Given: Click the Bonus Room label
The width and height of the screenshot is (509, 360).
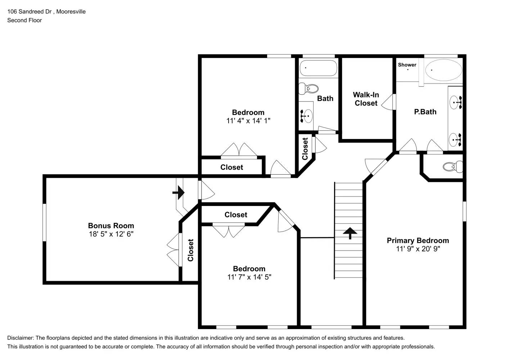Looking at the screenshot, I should [111, 226].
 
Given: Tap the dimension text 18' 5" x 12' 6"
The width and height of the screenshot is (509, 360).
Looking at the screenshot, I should [111, 234].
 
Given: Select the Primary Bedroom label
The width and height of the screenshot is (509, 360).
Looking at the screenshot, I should [418, 240].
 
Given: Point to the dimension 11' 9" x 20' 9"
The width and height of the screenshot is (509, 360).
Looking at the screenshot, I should [418, 249].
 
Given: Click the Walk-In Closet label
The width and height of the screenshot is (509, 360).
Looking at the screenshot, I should [366, 99].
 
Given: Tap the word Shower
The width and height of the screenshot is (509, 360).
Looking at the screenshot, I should [407, 65].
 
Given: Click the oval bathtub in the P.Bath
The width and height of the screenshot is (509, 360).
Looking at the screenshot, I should [443, 70].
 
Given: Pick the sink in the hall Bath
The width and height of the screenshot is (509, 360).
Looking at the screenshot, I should [307, 116].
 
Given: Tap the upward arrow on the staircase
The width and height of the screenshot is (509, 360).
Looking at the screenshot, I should [350, 233].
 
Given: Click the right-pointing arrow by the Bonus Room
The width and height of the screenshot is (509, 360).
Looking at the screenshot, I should [179, 193].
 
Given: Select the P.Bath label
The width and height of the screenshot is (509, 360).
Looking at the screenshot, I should [425, 112].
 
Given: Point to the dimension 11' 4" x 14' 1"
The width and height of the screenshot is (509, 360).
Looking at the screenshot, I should [248, 121].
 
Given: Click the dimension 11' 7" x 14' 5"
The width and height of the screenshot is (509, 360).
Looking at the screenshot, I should [249, 277].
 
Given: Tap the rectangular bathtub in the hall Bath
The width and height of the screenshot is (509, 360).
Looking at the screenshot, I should [318, 68].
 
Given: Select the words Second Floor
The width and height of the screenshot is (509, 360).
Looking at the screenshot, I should [24, 20].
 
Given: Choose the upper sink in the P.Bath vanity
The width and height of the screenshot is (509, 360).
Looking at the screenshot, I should [456, 102].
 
